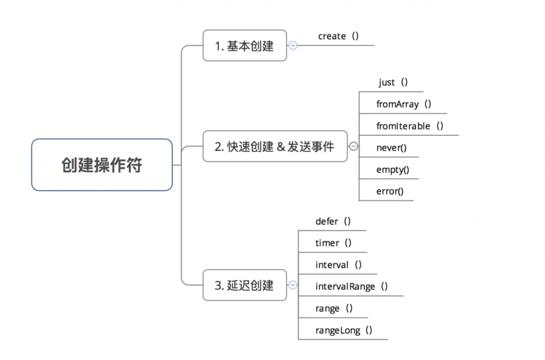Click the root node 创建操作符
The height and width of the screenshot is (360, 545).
[x=102, y=165]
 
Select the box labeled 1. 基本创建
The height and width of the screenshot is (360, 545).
[x=244, y=46]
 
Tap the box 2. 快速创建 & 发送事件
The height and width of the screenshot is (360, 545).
[x=275, y=146]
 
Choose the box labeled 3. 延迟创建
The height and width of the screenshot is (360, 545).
[x=244, y=285]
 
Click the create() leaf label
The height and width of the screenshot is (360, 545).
[x=338, y=37]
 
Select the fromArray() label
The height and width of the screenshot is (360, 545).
[x=404, y=104]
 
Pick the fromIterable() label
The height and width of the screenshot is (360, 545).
[x=410, y=126]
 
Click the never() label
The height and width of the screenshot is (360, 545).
[x=391, y=147]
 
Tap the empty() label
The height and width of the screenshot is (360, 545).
[x=393, y=169]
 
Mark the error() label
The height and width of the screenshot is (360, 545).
[x=390, y=191]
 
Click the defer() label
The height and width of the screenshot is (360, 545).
[x=333, y=221]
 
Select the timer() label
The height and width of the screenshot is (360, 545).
[x=333, y=243]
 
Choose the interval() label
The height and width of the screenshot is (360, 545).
[x=338, y=265]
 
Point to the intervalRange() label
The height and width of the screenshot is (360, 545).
[x=351, y=286]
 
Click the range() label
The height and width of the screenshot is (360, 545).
[x=334, y=308]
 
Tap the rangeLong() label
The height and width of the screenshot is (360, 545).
[x=344, y=330]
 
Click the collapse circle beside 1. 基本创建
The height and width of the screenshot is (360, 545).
[x=293, y=46]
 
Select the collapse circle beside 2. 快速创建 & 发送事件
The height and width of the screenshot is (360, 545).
[x=354, y=146]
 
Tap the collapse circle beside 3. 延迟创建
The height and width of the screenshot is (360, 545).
[x=293, y=285]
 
